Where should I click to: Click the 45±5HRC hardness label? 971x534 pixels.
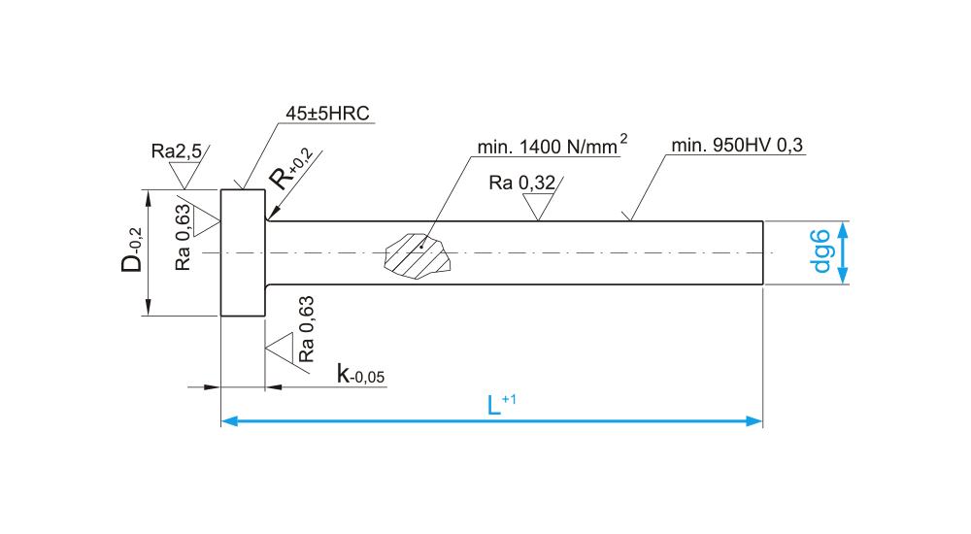pos(328,114)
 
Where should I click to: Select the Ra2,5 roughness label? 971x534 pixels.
pos(176,151)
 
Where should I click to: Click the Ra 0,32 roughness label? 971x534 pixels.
pos(523,182)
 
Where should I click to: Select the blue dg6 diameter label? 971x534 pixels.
pos(820,251)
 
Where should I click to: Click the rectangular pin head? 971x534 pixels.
pos(243,252)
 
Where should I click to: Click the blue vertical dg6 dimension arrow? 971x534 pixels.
pos(844,252)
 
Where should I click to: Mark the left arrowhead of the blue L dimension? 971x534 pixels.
pos(229,420)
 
